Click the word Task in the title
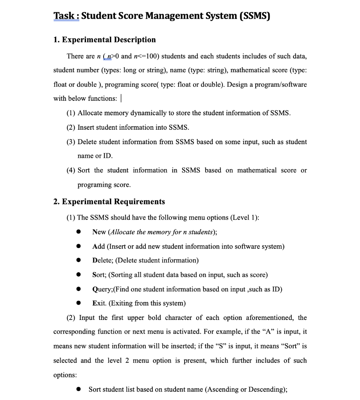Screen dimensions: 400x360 tap(65, 16)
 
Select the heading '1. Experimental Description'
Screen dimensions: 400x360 tap(104, 40)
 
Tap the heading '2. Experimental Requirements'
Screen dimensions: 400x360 tap(109, 202)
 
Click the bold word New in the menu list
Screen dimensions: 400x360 tap(99, 232)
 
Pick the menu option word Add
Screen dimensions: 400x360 tap(99, 246)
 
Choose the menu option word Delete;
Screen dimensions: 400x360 tap(103, 261)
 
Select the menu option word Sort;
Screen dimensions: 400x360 tap(99, 275)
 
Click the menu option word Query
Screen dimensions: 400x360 tap(102, 289)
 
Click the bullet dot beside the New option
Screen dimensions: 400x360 tap(79, 232)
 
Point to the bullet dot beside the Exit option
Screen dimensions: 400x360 tap(79, 304)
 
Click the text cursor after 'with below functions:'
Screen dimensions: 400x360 tap(122, 98)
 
